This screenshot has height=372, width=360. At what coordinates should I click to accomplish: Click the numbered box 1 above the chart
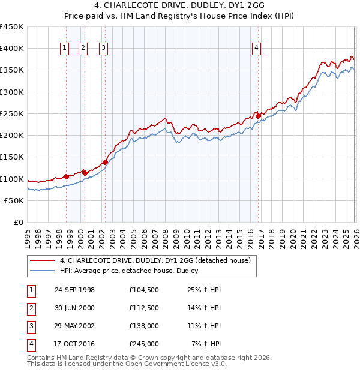tap(64, 49)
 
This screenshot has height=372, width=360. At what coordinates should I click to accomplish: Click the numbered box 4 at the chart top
tap(256, 49)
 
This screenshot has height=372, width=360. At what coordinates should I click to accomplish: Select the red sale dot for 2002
tap(105, 162)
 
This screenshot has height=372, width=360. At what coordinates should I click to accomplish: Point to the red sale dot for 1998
tap(66, 176)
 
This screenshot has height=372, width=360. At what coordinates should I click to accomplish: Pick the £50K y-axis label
tap(14, 200)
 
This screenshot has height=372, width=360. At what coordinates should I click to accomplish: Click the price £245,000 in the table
tap(143, 344)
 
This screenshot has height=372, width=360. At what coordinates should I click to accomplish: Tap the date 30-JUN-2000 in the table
tap(74, 308)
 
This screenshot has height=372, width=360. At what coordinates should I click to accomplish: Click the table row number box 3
tap(31, 326)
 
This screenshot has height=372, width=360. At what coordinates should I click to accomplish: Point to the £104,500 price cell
tap(143, 290)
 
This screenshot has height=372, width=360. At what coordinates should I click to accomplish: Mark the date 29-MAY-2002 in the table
tap(74, 326)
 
